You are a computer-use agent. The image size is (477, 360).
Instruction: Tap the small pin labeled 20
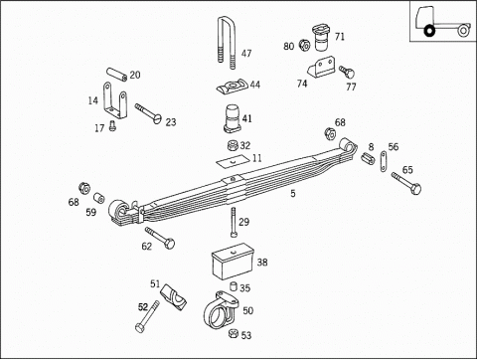coord(116,74)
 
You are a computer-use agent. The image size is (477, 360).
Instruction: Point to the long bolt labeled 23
coord(148,113)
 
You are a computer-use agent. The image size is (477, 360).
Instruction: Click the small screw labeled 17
coord(112,126)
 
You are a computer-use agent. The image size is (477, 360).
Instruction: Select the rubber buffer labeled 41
coord(234,118)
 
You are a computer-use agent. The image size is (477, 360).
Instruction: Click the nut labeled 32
coord(234,145)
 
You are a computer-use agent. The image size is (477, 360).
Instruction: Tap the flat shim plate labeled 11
coord(233,161)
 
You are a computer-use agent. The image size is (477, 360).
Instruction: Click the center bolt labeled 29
coord(234,223)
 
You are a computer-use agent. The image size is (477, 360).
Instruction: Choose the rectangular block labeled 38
coord(233,262)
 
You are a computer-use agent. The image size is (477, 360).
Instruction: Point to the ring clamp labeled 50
coord(220,310)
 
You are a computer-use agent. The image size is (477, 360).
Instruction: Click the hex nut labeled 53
coord(234,334)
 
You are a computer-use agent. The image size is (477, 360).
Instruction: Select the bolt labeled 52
coord(147,317)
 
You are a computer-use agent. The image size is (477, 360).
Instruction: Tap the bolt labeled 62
coord(160,238)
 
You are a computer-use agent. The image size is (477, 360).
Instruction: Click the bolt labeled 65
coord(406,183)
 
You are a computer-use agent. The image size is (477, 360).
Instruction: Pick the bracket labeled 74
coord(320,69)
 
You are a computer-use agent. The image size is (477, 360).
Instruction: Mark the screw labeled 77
coord(347,72)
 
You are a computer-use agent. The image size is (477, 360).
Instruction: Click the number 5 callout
coord(293,193)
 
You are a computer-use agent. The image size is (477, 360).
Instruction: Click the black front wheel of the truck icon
coord(429,31)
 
